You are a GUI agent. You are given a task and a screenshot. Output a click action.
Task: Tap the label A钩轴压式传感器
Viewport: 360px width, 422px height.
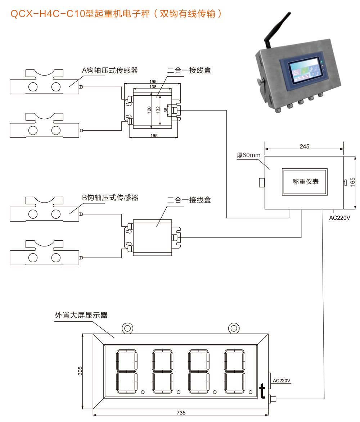pos(110,70)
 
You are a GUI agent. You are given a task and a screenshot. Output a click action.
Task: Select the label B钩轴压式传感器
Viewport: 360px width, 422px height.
pos(110,198)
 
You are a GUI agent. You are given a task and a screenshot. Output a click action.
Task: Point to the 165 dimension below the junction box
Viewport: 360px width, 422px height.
pos(154,136)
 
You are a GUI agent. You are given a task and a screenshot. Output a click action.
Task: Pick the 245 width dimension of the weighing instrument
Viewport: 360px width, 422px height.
pos(304,146)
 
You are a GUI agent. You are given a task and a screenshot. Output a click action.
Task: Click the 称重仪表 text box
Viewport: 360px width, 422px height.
pos(305,182)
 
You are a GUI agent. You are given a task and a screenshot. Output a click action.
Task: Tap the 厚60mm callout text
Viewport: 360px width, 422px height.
pos(248,155)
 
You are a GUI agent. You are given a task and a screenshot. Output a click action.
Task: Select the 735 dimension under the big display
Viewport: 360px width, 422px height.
pos(181,413)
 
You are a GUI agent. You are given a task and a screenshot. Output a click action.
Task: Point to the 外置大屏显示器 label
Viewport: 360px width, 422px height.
pos(81,315)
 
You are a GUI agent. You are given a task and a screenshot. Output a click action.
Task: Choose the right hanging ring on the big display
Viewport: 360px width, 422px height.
pos(234,328)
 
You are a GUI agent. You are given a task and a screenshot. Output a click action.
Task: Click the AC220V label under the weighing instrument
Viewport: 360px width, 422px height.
pos(340,218)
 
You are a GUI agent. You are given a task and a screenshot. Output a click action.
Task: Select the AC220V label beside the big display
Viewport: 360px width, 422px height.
pos(282,380)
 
